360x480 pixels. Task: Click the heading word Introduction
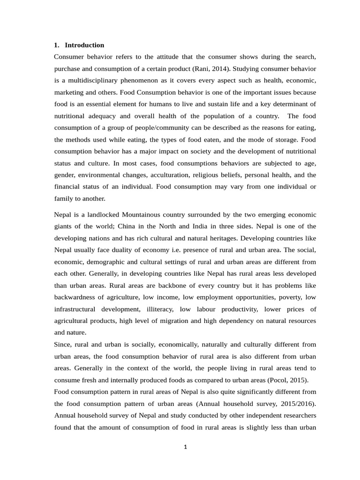(84, 45)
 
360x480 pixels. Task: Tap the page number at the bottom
(186, 447)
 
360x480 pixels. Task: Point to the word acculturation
(166, 175)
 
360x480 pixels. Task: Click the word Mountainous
(141, 215)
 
